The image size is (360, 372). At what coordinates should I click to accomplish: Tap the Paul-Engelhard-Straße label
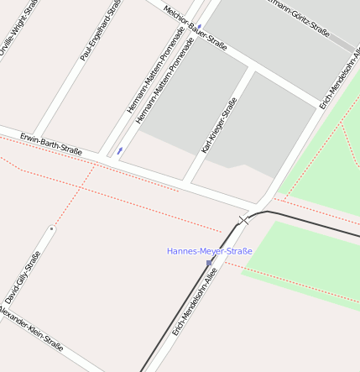pyautogui.click(x=102, y=31)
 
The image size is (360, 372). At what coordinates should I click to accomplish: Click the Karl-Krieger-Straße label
pyautogui.click(x=219, y=125)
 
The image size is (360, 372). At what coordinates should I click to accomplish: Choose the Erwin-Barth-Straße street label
pyautogui.click(x=51, y=144)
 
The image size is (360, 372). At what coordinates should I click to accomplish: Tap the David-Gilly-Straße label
pyautogui.click(x=23, y=277)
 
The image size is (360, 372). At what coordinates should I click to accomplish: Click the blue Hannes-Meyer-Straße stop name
pyautogui.click(x=209, y=251)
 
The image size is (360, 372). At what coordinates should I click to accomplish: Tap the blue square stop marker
pyautogui.click(x=208, y=263)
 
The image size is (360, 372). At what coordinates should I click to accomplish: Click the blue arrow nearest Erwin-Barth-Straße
pyautogui.click(x=120, y=151)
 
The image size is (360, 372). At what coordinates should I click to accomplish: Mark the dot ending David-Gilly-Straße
pyautogui.click(x=52, y=228)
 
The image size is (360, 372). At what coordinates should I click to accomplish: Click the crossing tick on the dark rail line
pyautogui.click(x=244, y=221)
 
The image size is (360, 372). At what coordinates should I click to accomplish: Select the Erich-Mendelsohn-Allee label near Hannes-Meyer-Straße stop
pyautogui.click(x=195, y=301)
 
